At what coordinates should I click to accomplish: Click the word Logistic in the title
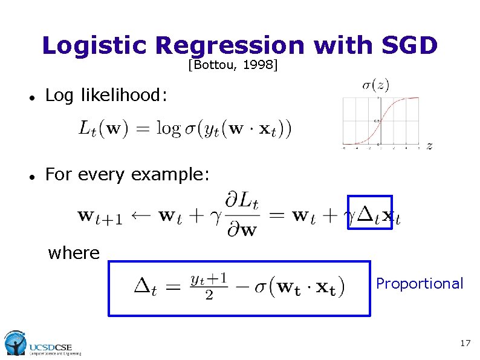(95, 45)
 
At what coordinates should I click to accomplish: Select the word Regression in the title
(230, 45)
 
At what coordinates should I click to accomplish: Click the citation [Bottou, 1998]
(233, 64)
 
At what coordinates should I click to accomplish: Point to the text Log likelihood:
(108, 95)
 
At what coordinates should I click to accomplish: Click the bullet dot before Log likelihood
(30, 97)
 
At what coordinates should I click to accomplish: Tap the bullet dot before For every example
(30, 176)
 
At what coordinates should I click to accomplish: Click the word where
(74, 252)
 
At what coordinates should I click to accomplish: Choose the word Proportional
(420, 283)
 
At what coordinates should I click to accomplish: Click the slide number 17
(465, 343)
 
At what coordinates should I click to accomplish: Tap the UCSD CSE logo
(42, 343)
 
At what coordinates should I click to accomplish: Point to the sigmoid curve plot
(380, 121)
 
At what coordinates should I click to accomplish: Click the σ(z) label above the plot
(375, 85)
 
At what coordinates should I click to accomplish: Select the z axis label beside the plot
(429, 145)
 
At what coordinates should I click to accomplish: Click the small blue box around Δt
(370, 213)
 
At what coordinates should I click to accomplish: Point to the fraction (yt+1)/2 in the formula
(209, 286)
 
